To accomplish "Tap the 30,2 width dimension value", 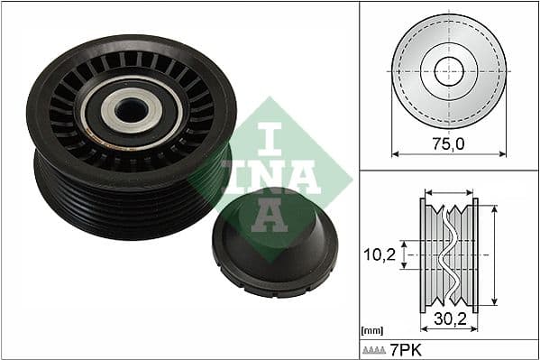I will [x=449, y=318].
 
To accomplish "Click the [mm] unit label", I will [x=371, y=330].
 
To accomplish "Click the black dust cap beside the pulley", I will [x=275, y=243].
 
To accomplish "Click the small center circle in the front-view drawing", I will [x=448, y=70].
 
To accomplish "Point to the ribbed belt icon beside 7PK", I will [x=373, y=348].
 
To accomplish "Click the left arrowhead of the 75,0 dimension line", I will [x=395, y=153].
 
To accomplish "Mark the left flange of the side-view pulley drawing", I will [x=423, y=254].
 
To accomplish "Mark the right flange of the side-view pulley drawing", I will [x=475, y=254].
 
